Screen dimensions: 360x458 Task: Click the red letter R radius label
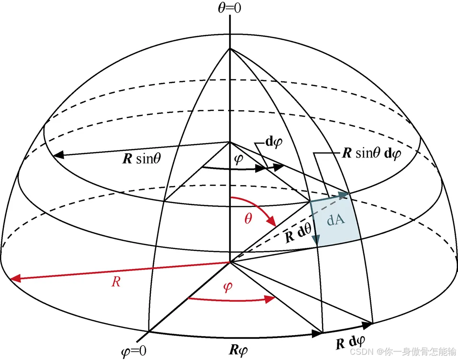[x=115, y=282]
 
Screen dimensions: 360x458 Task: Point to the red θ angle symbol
[x=248, y=220]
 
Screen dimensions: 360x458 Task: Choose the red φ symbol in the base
[x=228, y=287]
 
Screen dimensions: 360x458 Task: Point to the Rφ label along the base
[x=238, y=349]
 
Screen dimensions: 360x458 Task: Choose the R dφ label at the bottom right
[x=350, y=343]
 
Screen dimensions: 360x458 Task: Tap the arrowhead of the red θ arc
[x=274, y=224]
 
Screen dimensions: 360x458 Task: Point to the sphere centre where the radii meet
[x=230, y=261]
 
